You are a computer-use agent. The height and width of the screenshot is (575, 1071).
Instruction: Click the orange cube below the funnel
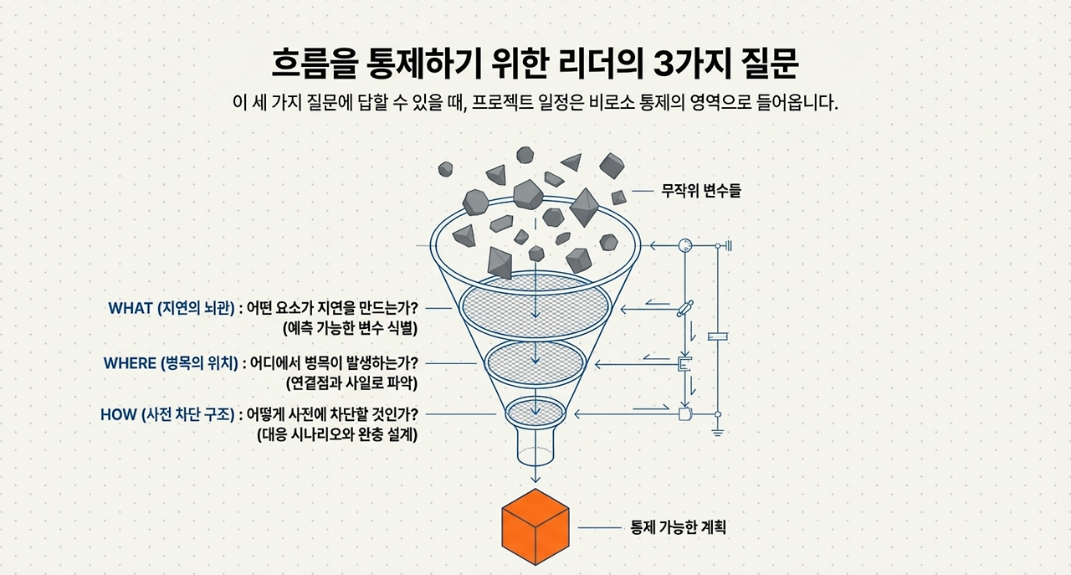[x=535, y=526]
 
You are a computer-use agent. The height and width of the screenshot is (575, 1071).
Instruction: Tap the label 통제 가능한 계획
[x=678, y=528]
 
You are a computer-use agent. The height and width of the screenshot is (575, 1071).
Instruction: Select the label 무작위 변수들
[x=701, y=191]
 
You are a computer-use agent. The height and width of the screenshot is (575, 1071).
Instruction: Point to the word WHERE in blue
[x=130, y=363]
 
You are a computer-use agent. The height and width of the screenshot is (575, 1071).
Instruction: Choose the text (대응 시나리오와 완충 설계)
[x=337, y=434]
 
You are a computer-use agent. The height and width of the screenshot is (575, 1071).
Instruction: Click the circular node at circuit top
[x=684, y=245]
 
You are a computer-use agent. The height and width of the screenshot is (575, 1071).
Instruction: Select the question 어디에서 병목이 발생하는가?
[x=333, y=363]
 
